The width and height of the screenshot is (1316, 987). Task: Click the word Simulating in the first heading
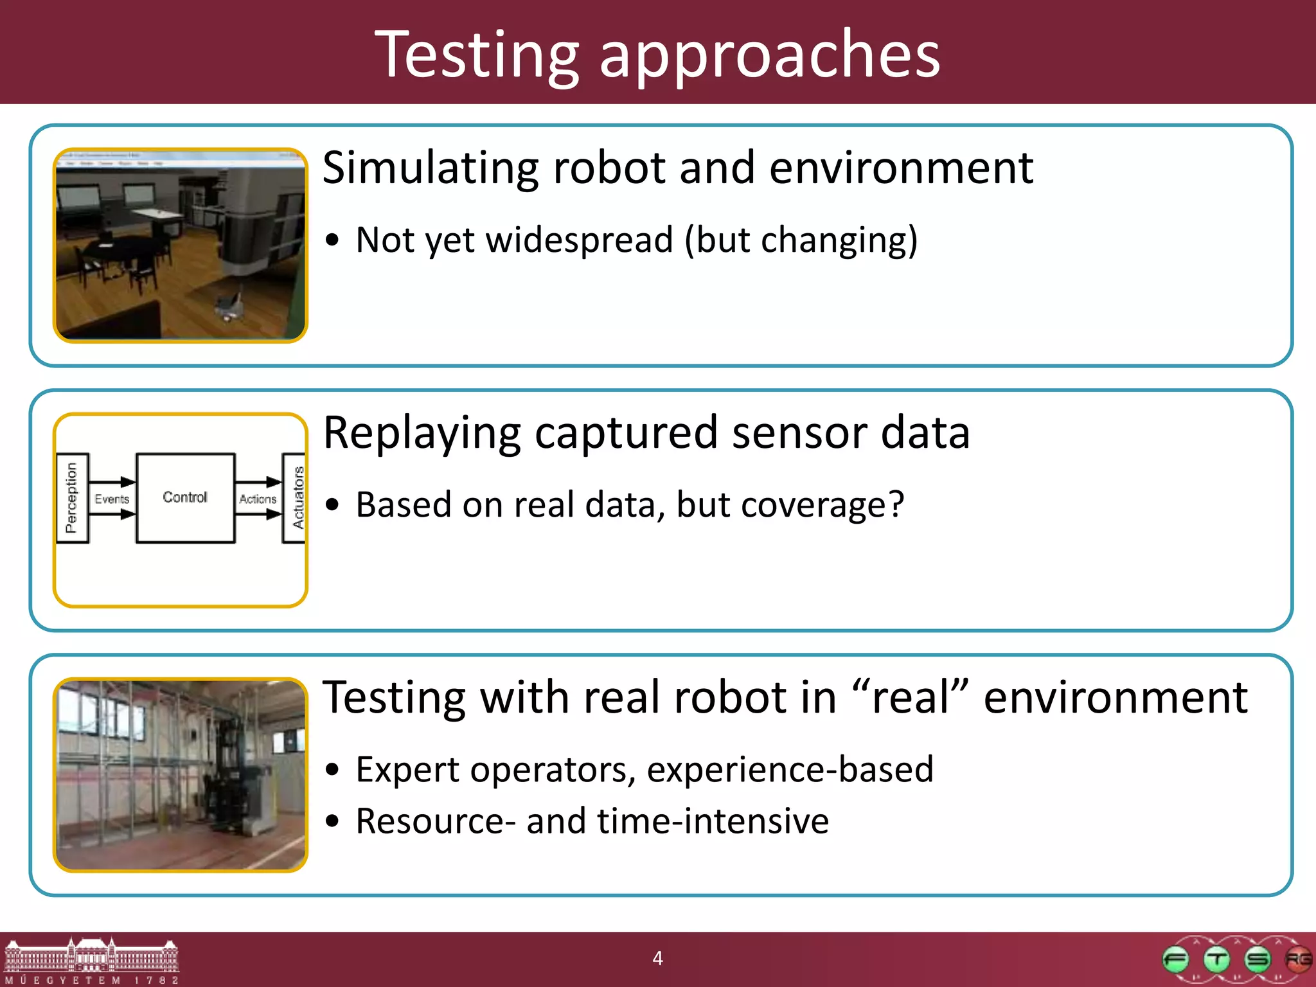coord(431,168)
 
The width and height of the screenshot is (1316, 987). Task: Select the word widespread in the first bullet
coord(579,240)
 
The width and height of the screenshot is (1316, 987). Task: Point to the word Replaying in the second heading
coord(422,434)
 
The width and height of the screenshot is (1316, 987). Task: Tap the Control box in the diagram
coord(185,498)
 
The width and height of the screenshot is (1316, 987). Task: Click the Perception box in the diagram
coord(71,498)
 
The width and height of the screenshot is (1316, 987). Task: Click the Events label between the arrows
coord(112,499)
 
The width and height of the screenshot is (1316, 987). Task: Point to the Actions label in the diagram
coord(258,499)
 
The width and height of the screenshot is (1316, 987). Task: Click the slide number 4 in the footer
coord(657,958)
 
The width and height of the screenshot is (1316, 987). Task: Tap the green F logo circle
coord(1176,960)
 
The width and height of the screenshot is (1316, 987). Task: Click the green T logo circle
coord(1216,960)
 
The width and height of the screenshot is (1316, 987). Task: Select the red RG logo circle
coord(1297,960)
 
